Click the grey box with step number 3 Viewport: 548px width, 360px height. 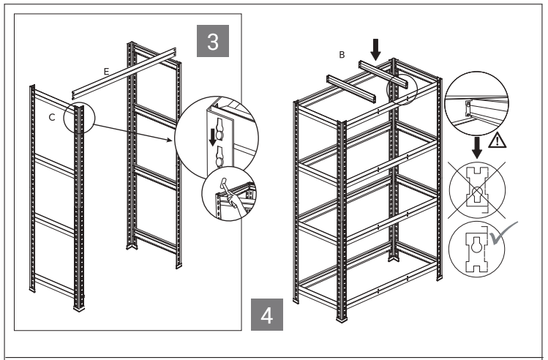[x=213, y=42]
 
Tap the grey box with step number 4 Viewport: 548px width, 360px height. [x=267, y=316]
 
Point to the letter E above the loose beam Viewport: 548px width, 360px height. [x=107, y=71]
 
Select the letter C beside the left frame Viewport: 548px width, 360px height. [x=51, y=116]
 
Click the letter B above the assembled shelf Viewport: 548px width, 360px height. [x=341, y=55]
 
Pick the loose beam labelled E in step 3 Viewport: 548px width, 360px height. [x=124, y=72]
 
